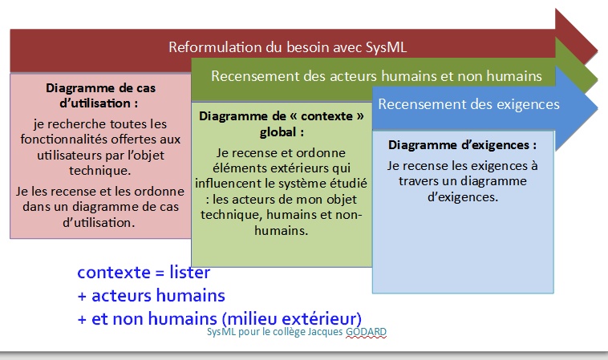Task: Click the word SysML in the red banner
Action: [386, 47]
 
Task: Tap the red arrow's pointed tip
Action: [597, 50]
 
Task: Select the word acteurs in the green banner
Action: [353, 76]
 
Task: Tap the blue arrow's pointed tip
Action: [597, 107]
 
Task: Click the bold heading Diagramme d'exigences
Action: [462, 145]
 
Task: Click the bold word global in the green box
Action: [278, 132]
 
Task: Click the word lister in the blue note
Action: [190, 273]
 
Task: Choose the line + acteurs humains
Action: [152, 296]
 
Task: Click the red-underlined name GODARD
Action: [366, 332]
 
